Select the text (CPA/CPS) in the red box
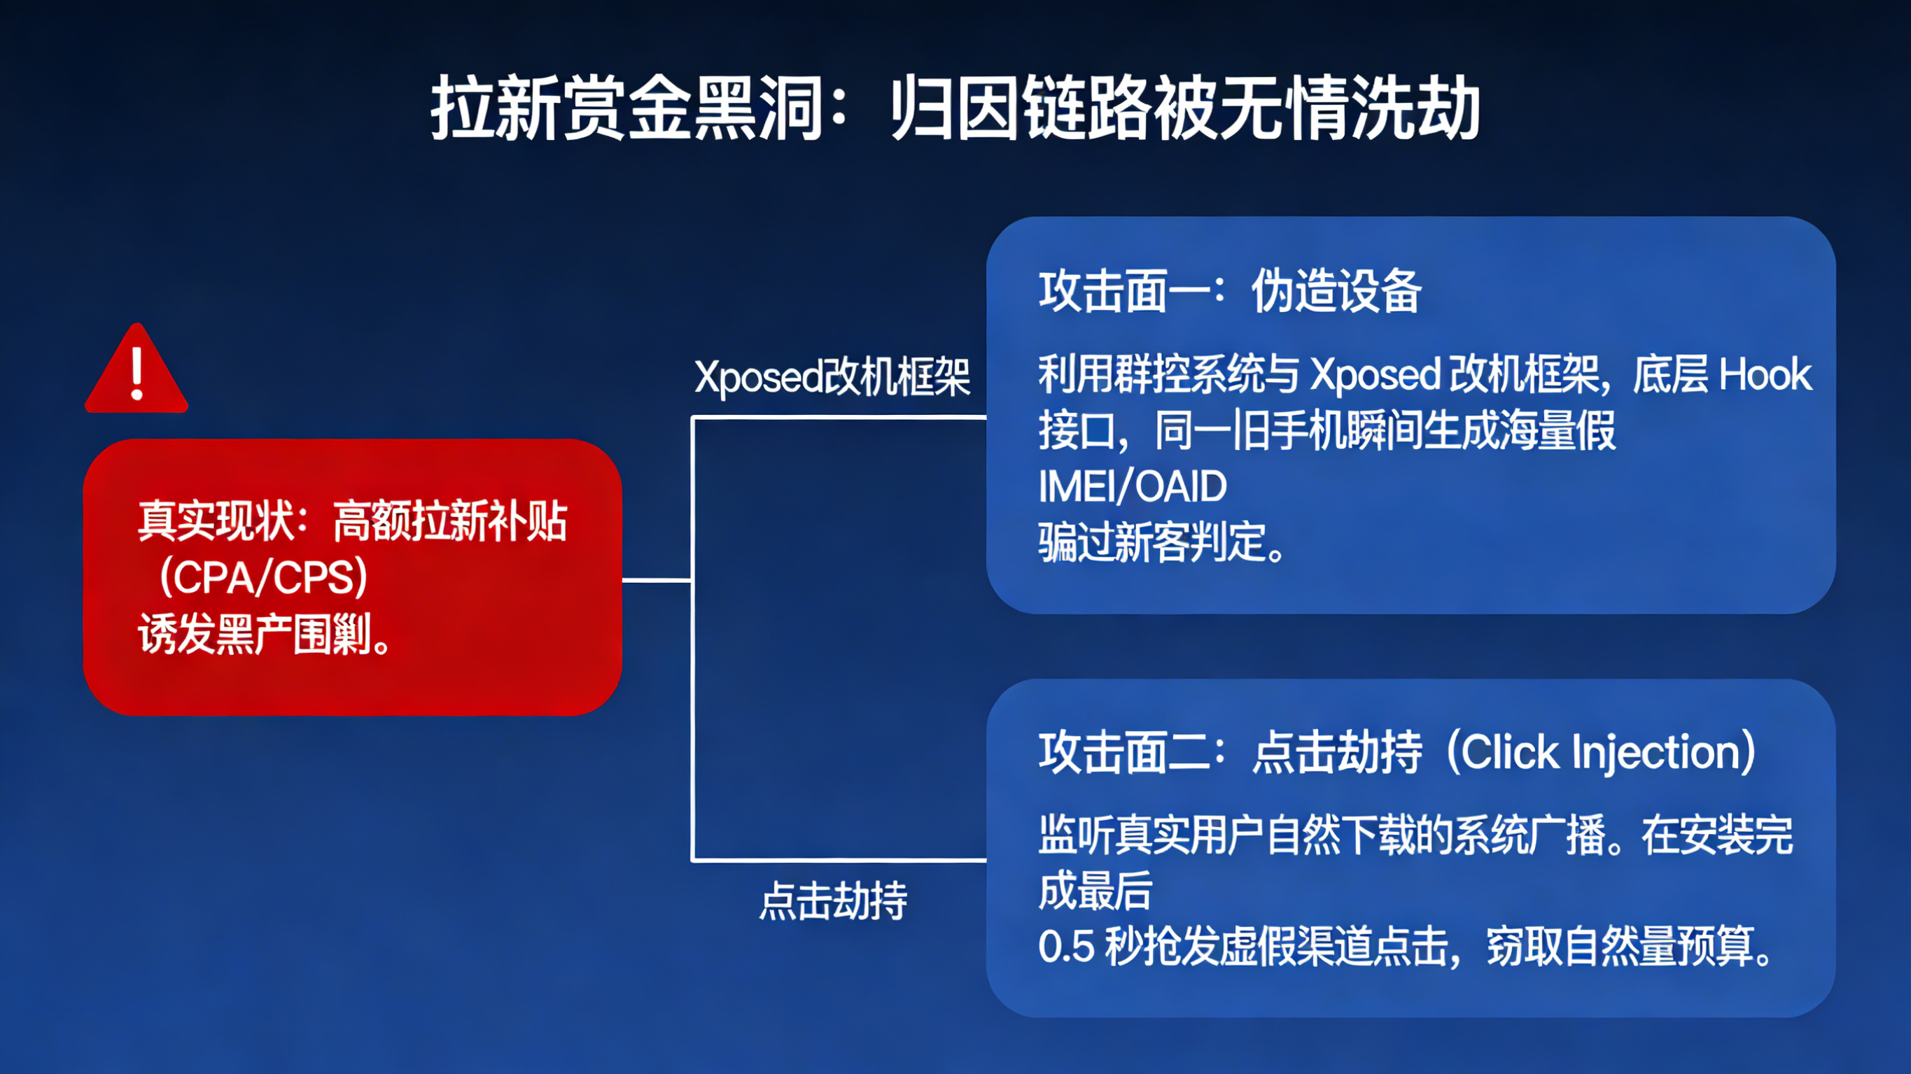click(x=263, y=578)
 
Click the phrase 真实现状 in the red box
click(x=216, y=521)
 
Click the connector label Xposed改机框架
click(x=832, y=378)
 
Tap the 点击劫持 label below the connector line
click(x=833, y=901)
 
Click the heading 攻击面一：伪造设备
click(x=1229, y=292)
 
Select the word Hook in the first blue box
click(x=1765, y=374)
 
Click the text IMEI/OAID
click(x=1132, y=487)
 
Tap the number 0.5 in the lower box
click(x=1066, y=947)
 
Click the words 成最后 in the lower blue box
click(x=1095, y=891)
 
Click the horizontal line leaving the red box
click(x=657, y=580)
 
